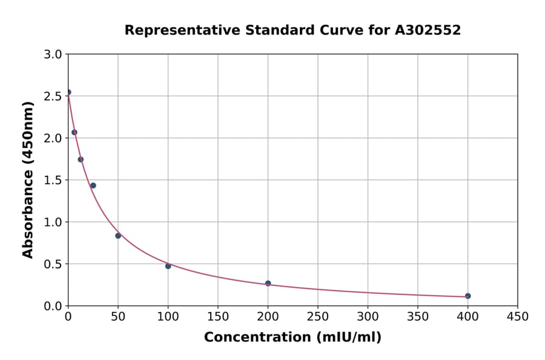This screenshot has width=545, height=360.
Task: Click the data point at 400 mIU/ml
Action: pyautogui.click(x=467, y=296)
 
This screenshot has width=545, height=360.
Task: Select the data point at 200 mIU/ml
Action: pyautogui.click(x=268, y=283)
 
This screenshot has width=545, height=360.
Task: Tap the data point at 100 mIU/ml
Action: pyautogui.click(x=168, y=266)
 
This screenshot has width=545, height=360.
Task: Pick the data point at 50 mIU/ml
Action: pyautogui.click(x=118, y=236)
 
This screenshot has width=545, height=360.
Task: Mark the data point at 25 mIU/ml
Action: pyautogui.click(x=93, y=185)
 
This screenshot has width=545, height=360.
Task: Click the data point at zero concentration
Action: pyautogui.click(x=68, y=92)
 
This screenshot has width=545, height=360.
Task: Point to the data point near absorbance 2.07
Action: pyautogui.click(x=74, y=132)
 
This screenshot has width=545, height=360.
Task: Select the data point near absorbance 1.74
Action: pyautogui.click(x=81, y=159)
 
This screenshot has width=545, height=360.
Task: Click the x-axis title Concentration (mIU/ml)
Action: pyautogui.click(x=292, y=338)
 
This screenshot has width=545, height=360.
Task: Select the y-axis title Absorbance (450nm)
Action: pyautogui.click(x=28, y=179)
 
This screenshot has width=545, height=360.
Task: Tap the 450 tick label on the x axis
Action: pyautogui.click(x=517, y=316)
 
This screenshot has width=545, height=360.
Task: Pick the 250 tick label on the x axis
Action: pyautogui.click(x=318, y=316)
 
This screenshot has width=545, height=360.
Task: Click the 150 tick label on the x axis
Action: pyautogui.click(x=218, y=316)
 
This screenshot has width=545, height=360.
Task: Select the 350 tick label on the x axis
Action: pyautogui.click(x=417, y=316)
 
